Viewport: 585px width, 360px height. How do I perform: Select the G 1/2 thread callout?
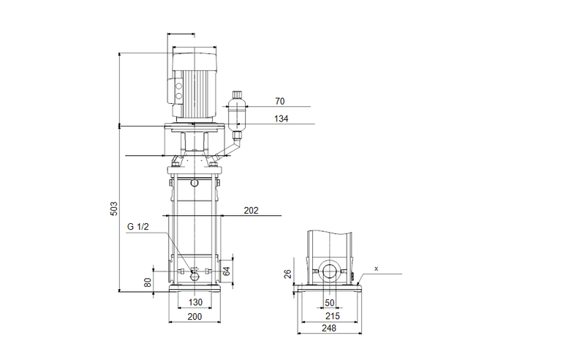[139, 227]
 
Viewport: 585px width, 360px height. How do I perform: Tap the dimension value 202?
[251, 211]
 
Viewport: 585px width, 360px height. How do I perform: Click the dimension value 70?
[280, 101]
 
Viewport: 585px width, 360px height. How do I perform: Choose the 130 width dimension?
[195, 302]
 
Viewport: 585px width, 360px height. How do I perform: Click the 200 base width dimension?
[195, 317]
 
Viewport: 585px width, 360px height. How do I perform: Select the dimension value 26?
[287, 274]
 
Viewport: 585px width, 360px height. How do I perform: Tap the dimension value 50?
[329, 302]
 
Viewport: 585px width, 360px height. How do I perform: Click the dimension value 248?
[329, 330]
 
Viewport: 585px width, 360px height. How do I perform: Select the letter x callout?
[377, 269]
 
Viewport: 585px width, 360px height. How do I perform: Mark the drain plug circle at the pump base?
[195, 275]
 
